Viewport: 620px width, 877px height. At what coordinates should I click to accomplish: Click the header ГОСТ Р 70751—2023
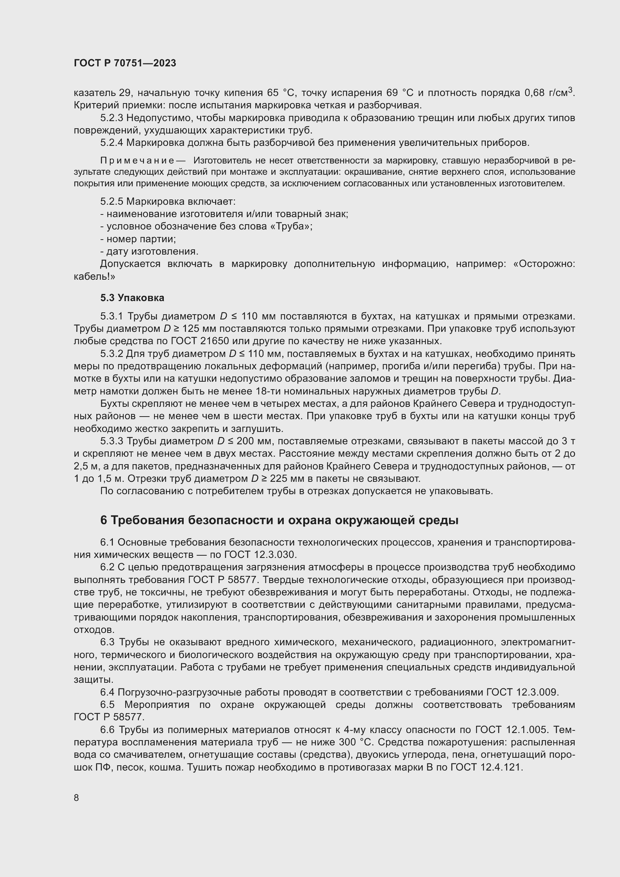coord(125,63)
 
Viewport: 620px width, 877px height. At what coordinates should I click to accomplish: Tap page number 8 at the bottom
coord(76,798)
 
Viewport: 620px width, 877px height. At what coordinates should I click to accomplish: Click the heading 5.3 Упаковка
coord(132,298)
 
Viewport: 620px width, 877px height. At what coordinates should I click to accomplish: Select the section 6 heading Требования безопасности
coord(279,520)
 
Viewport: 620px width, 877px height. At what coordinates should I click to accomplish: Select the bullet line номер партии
coord(138,239)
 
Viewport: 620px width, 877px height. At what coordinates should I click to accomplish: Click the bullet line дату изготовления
coord(149,251)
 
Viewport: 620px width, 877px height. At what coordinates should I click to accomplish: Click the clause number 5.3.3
coord(111,441)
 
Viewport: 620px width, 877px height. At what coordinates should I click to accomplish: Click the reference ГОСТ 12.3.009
coord(523,692)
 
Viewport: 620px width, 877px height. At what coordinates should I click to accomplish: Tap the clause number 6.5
coord(107,705)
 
